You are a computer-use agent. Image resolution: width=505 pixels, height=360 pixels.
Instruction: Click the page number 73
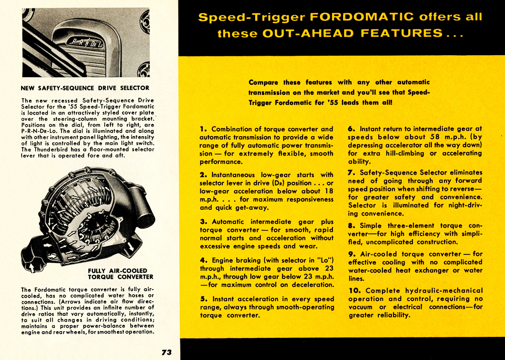[x=167, y=352]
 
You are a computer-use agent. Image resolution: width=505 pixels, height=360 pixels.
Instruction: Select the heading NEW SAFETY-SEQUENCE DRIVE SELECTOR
[x=85, y=88]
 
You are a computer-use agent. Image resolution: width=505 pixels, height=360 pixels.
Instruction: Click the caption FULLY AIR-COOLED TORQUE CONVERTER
[x=120, y=273]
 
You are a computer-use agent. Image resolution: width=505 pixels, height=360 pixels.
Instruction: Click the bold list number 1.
[x=203, y=129]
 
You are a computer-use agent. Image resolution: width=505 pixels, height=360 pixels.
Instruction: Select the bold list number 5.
[x=203, y=299]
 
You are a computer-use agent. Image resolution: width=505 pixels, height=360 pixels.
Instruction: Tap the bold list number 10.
[x=355, y=290]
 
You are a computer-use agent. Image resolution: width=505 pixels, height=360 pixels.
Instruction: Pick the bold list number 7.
[x=351, y=172]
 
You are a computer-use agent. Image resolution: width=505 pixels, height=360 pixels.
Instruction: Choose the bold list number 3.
[x=203, y=221]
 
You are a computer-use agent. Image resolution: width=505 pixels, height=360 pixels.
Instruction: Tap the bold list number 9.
[x=351, y=254]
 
